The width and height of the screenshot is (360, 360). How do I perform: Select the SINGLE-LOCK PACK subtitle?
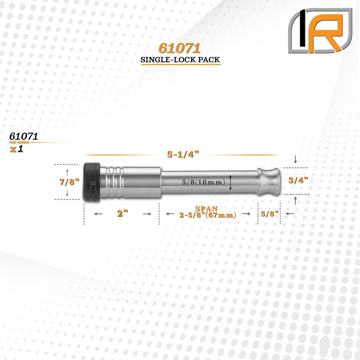180,60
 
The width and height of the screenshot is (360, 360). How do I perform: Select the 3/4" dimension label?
298,181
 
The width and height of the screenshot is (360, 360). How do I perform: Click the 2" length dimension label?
122,213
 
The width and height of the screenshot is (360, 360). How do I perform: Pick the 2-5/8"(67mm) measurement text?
208,215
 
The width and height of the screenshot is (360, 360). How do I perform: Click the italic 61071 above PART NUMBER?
24,137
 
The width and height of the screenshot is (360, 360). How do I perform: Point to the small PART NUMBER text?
20,143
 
